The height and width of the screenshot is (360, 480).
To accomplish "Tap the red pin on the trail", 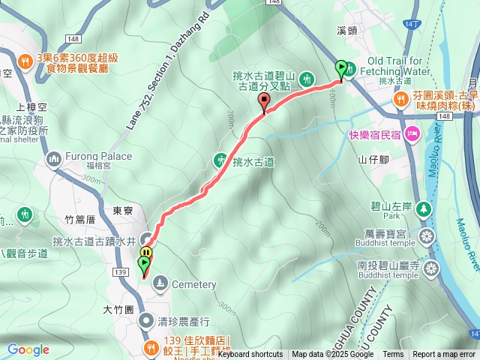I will [x=263, y=102].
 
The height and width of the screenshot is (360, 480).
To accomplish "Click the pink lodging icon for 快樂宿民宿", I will [x=412, y=134].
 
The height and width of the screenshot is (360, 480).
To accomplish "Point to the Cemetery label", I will [x=193, y=284].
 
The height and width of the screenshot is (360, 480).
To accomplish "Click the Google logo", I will [x=28, y=349].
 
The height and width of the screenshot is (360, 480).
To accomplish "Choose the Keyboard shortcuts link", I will [x=250, y=355].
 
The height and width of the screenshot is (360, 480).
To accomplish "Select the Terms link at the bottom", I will [x=393, y=355].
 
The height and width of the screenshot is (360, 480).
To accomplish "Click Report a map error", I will [x=445, y=355].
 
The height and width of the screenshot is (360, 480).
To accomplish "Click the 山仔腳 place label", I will [x=373, y=159].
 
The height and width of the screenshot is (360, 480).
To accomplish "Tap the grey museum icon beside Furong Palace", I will [x=53, y=158].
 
